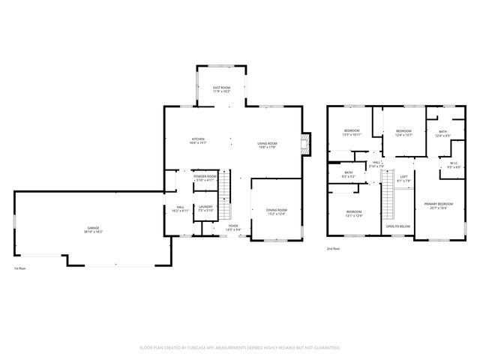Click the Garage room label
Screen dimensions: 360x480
click(x=94, y=229)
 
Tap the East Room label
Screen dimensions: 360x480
click(x=220, y=90)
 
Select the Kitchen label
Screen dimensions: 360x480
click(x=198, y=140)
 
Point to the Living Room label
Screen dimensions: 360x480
click(x=267, y=145)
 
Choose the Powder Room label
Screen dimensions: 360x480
click(x=205, y=178)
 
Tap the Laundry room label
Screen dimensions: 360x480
click(x=205, y=208)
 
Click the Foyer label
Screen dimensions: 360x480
click(x=233, y=227)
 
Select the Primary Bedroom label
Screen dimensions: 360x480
click(x=438, y=205)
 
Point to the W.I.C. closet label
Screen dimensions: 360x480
click(x=454, y=166)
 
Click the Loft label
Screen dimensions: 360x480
click(x=403, y=178)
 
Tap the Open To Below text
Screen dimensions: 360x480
click(x=397, y=226)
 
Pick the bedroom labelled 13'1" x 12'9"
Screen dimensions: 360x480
click(x=354, y=214)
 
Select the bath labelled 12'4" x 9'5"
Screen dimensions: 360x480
click(x=442, y=133)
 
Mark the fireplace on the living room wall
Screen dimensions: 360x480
click(x=304, y=144)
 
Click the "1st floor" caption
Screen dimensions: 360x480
click(x=20, y=268)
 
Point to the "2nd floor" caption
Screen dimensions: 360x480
click(x=333, y=248)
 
